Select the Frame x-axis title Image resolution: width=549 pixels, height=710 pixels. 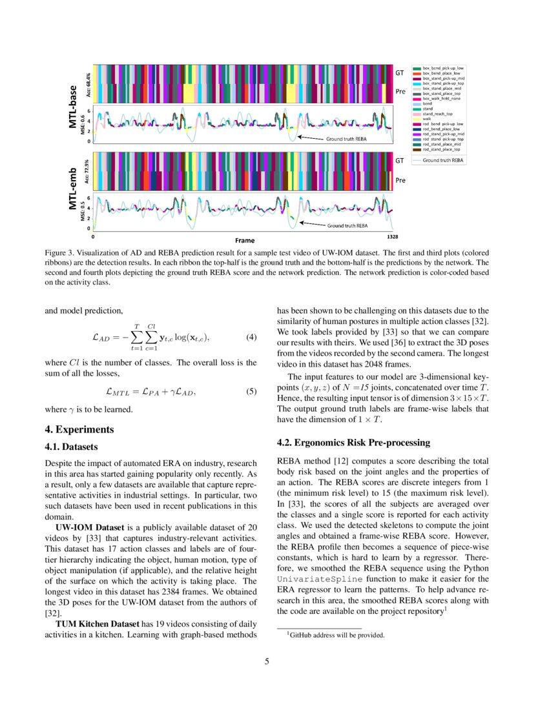244,239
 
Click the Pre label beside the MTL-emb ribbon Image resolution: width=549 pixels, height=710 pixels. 400,180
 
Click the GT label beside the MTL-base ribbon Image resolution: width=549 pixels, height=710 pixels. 400,73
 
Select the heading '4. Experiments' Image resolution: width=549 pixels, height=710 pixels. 79,429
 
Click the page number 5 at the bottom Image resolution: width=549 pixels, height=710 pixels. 267,661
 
